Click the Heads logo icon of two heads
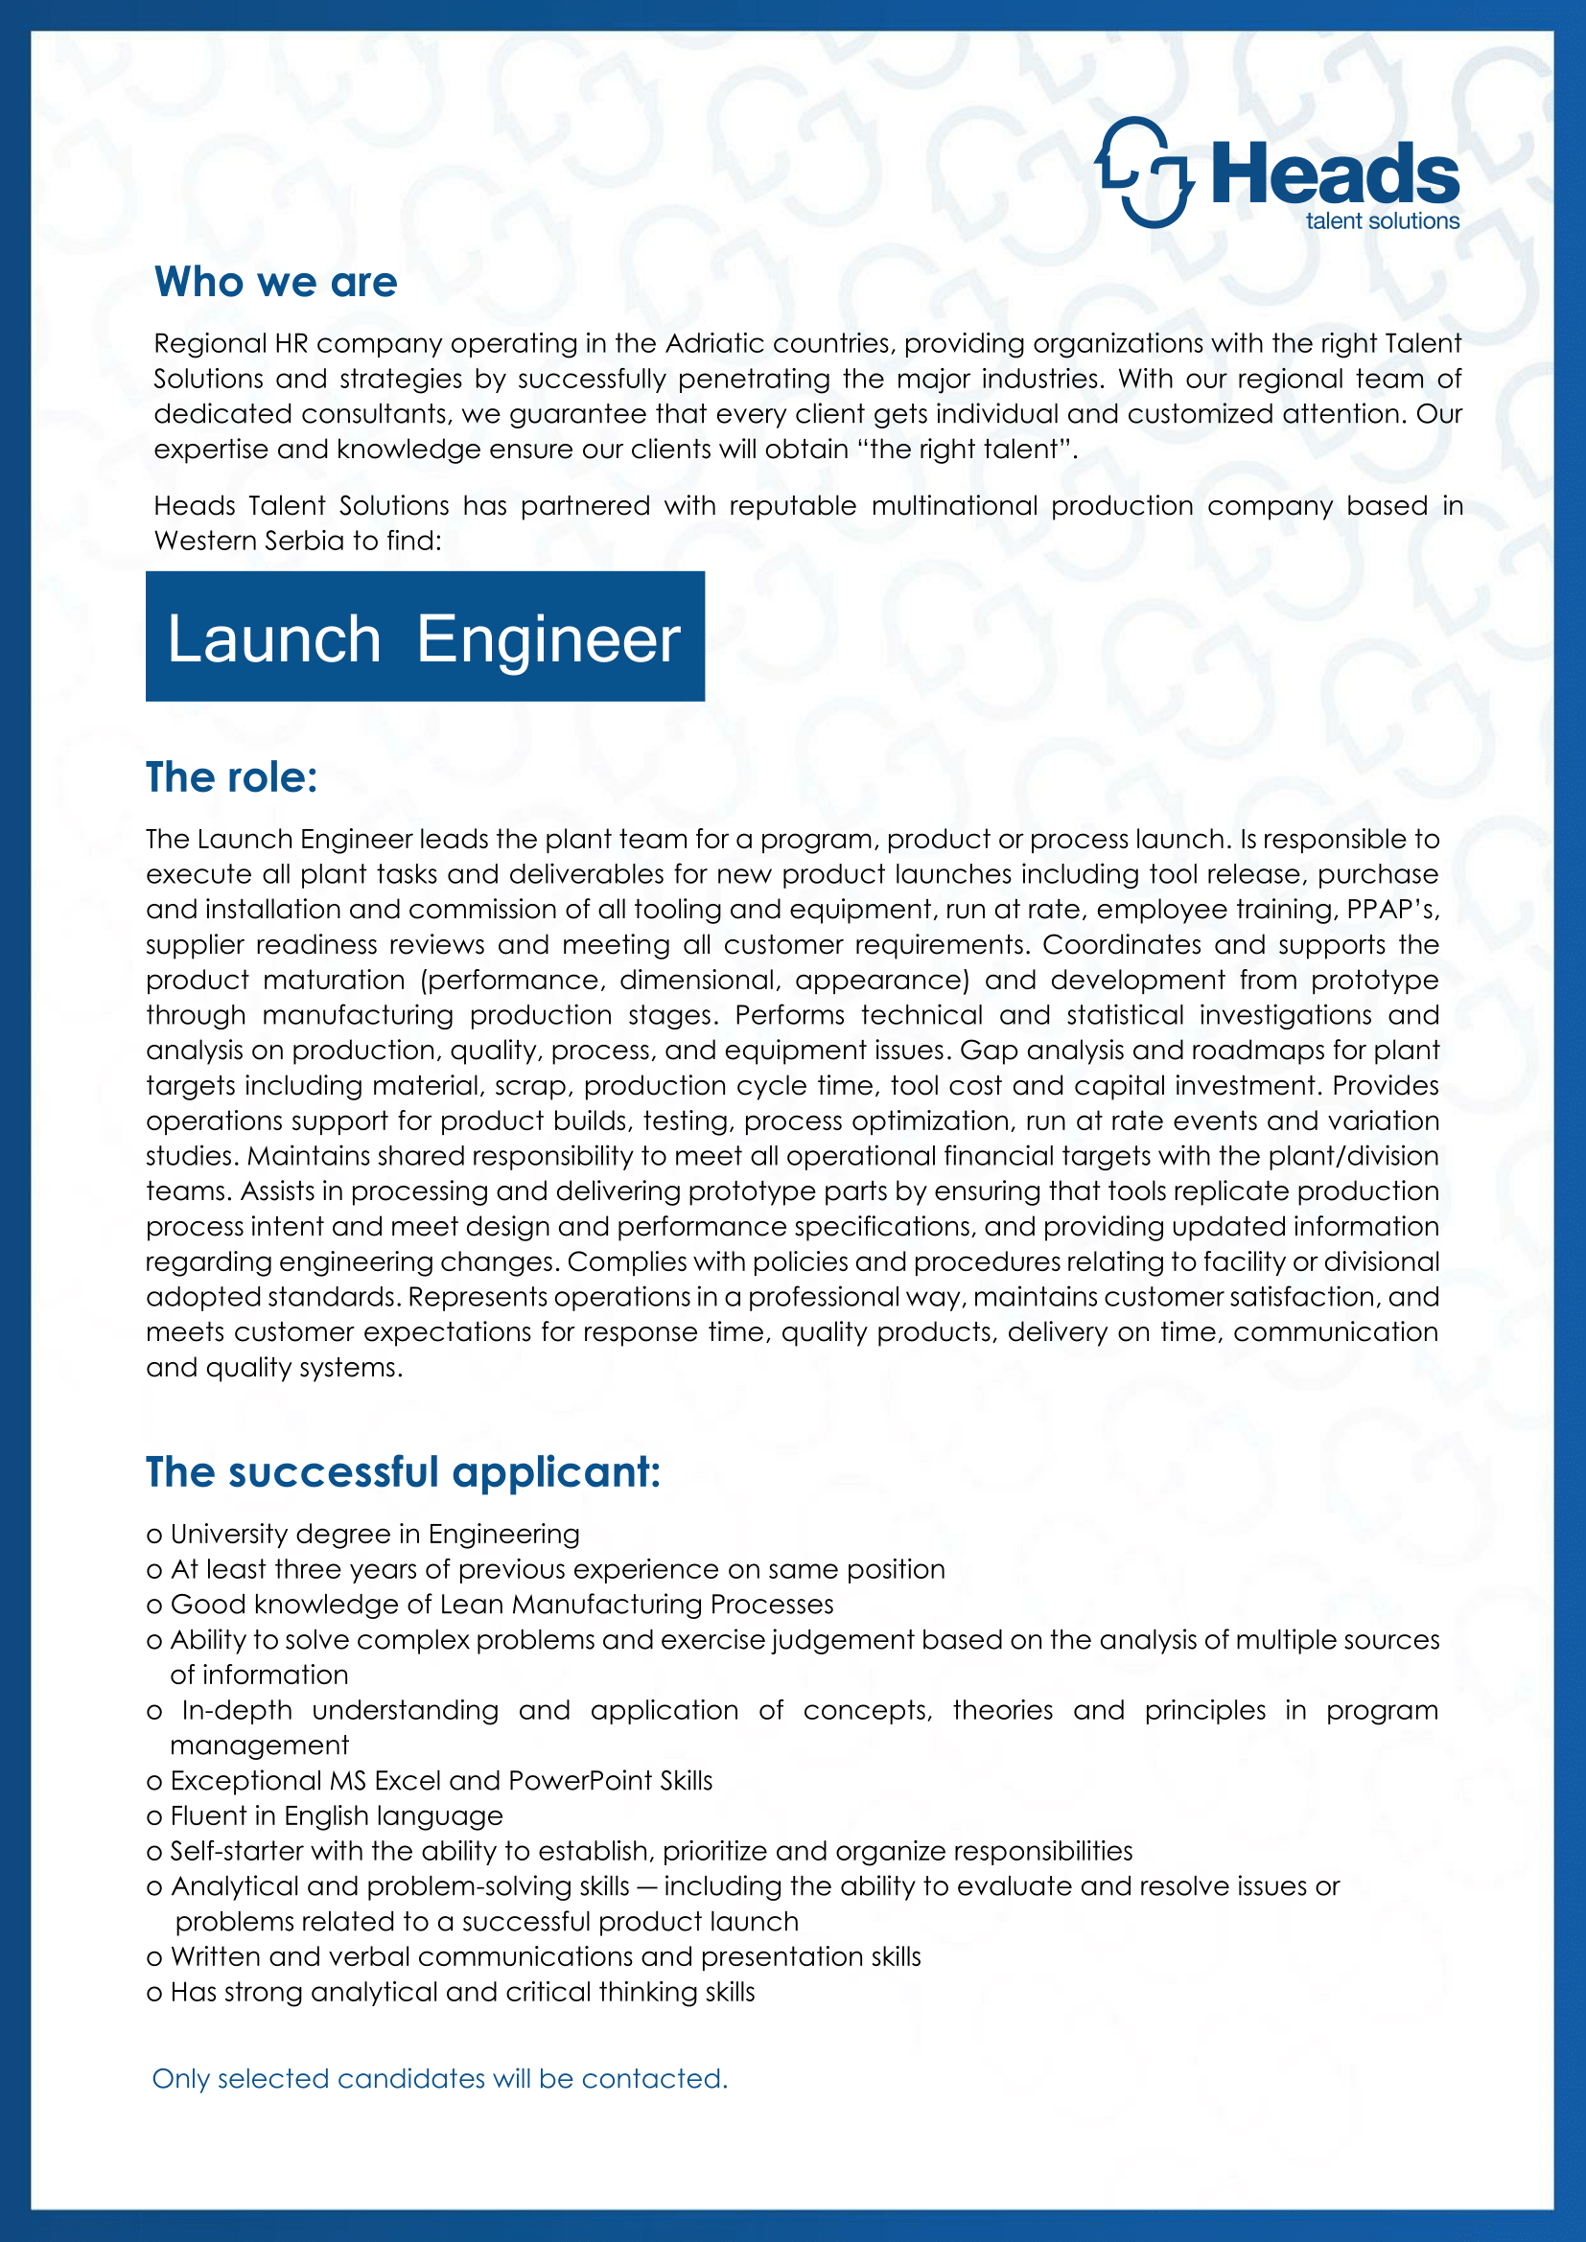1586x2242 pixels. coord(1145,173)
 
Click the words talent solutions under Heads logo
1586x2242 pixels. coord(1382,221)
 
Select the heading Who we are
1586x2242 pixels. coord(275,282)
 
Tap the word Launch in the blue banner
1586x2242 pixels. coord(274,639)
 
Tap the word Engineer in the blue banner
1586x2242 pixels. coord(548,639)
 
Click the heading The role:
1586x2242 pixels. coord(231,777)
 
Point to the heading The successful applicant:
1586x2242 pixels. coord(403,1471)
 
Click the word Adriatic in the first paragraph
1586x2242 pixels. coord(715,344)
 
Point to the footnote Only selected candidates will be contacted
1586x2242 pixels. coord(439,2078)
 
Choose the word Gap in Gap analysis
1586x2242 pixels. coord(981,1050)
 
